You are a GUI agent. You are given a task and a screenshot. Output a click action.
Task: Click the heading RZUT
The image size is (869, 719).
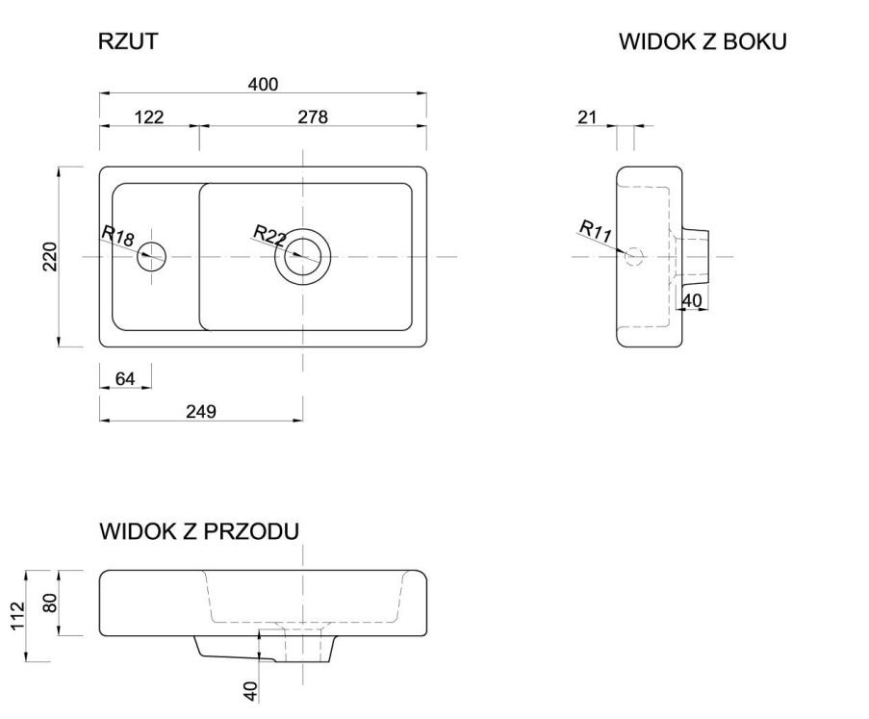click(128, 41)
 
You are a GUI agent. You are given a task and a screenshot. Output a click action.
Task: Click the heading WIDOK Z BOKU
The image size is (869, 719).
click(703, 41)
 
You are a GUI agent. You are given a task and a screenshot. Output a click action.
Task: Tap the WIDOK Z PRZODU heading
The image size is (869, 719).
click(199, 531)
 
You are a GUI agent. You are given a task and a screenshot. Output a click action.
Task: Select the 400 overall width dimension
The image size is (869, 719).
click(263, 85)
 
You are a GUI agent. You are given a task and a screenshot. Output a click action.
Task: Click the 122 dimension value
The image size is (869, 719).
click(148, 117)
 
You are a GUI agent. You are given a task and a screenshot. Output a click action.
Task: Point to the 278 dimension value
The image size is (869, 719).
click(313, 117)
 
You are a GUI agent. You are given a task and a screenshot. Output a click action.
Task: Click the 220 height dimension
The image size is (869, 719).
click(50, 256)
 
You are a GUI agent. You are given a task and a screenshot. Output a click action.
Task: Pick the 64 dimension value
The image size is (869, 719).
click(125, 378)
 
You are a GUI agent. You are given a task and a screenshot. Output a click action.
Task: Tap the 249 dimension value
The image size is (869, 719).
click(200, 411)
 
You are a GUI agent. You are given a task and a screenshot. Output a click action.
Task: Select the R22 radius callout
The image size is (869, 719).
click(270, 235)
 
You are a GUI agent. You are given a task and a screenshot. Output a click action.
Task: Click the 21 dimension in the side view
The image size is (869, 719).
click(587, 117)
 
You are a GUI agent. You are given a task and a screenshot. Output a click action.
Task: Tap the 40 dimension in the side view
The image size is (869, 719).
click(692, 300)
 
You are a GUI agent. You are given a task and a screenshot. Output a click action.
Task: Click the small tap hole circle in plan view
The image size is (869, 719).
click(152, 256)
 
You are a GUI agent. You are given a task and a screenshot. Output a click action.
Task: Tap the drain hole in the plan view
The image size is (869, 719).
click(303, 256)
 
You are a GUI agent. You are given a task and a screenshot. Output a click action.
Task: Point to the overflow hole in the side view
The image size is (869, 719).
click(633, 256)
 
